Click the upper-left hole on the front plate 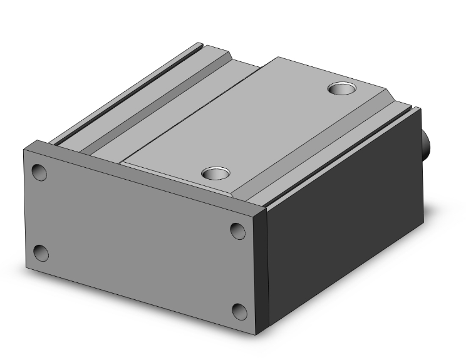(x=39, y=172)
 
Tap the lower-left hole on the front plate (x=41, y=253)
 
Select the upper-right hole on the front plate (x=237, y=231)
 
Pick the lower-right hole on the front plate (x=239, y=311)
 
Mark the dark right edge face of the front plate (x=262, y=269)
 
